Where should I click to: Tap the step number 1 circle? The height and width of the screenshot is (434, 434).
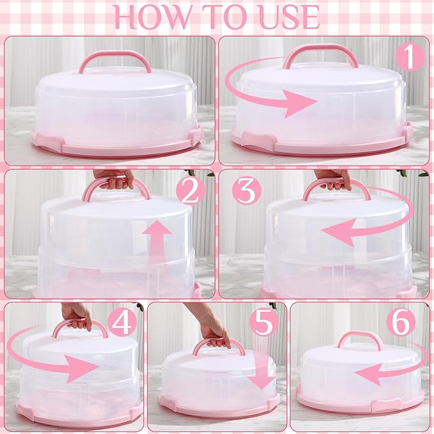(410, 58)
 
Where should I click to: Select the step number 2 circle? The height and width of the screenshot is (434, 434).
(190, 192)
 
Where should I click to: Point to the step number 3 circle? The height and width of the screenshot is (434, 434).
(247, 190)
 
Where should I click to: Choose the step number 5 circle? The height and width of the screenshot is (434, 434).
(264, 323)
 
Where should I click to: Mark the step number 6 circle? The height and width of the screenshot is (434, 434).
(401, 322)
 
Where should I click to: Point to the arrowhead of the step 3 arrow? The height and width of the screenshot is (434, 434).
(336, 231)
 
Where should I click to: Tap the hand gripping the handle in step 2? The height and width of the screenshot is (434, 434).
(114, 178)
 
